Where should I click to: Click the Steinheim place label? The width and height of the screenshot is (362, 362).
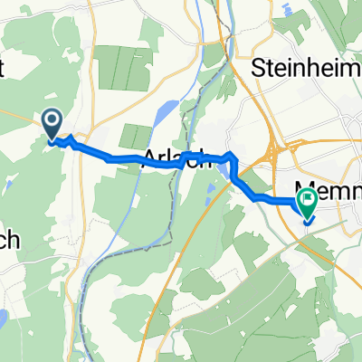point(298,68)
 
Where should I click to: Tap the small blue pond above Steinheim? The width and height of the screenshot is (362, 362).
point(287,11)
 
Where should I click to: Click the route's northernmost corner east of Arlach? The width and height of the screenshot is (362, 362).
point(233,157)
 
